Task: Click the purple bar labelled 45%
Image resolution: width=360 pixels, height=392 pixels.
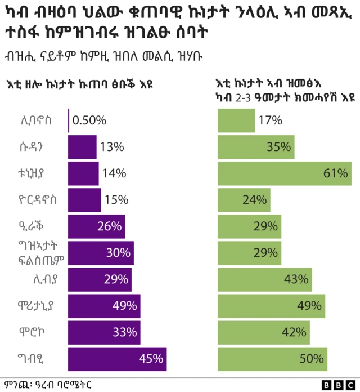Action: [117, 359]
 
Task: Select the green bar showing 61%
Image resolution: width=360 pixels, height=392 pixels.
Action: [284, 173]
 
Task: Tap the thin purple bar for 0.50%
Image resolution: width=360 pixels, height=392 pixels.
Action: [69, 121]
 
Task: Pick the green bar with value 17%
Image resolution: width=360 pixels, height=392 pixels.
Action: [236, 121]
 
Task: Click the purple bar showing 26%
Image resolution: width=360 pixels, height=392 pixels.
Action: [96, 226]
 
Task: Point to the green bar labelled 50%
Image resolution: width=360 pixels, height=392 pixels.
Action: [272, 359]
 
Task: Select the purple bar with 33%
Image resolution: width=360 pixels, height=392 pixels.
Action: [103, 332]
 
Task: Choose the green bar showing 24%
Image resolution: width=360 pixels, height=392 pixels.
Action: [244, 200]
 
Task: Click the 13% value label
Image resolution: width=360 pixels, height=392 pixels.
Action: [112, 147]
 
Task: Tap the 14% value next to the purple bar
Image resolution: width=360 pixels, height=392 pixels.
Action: [114, 173]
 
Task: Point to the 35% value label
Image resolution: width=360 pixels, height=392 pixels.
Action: [279, 147]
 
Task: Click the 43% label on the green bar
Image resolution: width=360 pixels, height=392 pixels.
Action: [296, 279]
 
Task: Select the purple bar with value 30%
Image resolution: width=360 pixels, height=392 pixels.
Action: [101, 253]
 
